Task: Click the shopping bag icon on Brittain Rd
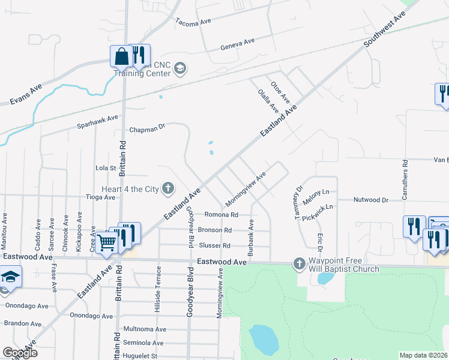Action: [x=121, y=56]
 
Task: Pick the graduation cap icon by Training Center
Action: [x=179, y=69]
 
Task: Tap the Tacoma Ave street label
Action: [x=193, y=21]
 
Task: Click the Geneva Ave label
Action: [x=238, y=44]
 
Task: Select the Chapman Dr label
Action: [x=146, y=129]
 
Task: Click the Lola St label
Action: [x=105, y=168]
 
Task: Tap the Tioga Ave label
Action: [x=101, y=197]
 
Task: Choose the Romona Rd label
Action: [x=221, y=214]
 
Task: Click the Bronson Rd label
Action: [x=215, y=230]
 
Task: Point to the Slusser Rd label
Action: [x=214, y=245]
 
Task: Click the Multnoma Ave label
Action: [x=143, y=329]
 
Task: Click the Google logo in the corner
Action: [x=20, y=353]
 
